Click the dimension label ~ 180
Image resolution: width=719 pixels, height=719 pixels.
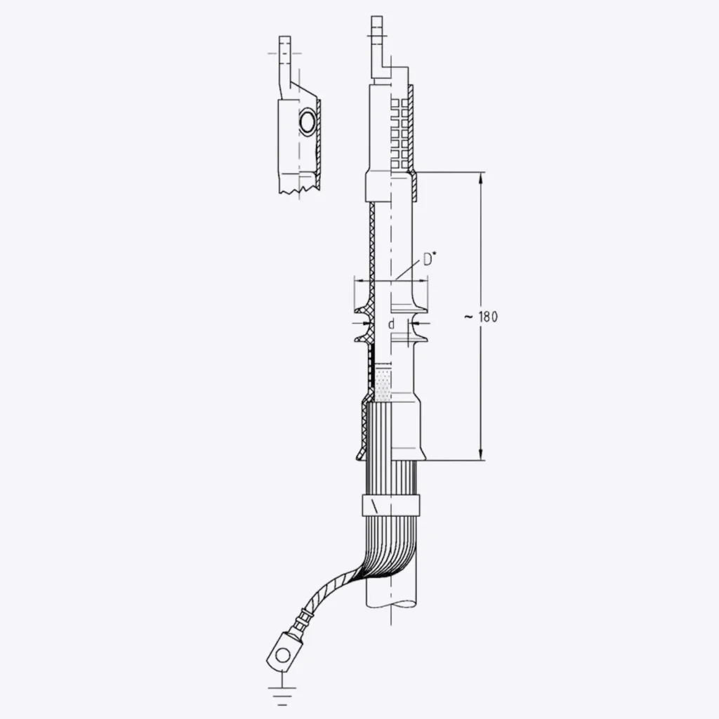tap(481, 317)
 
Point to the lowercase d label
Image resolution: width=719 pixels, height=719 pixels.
tap(391, 324)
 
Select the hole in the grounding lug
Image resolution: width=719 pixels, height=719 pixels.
tap(284, 654)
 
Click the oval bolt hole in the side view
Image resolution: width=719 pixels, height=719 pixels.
tap(306, 122)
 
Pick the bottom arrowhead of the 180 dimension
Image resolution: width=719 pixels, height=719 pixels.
tap(481, 454)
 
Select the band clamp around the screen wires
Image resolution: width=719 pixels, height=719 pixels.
tap(391, 506)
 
